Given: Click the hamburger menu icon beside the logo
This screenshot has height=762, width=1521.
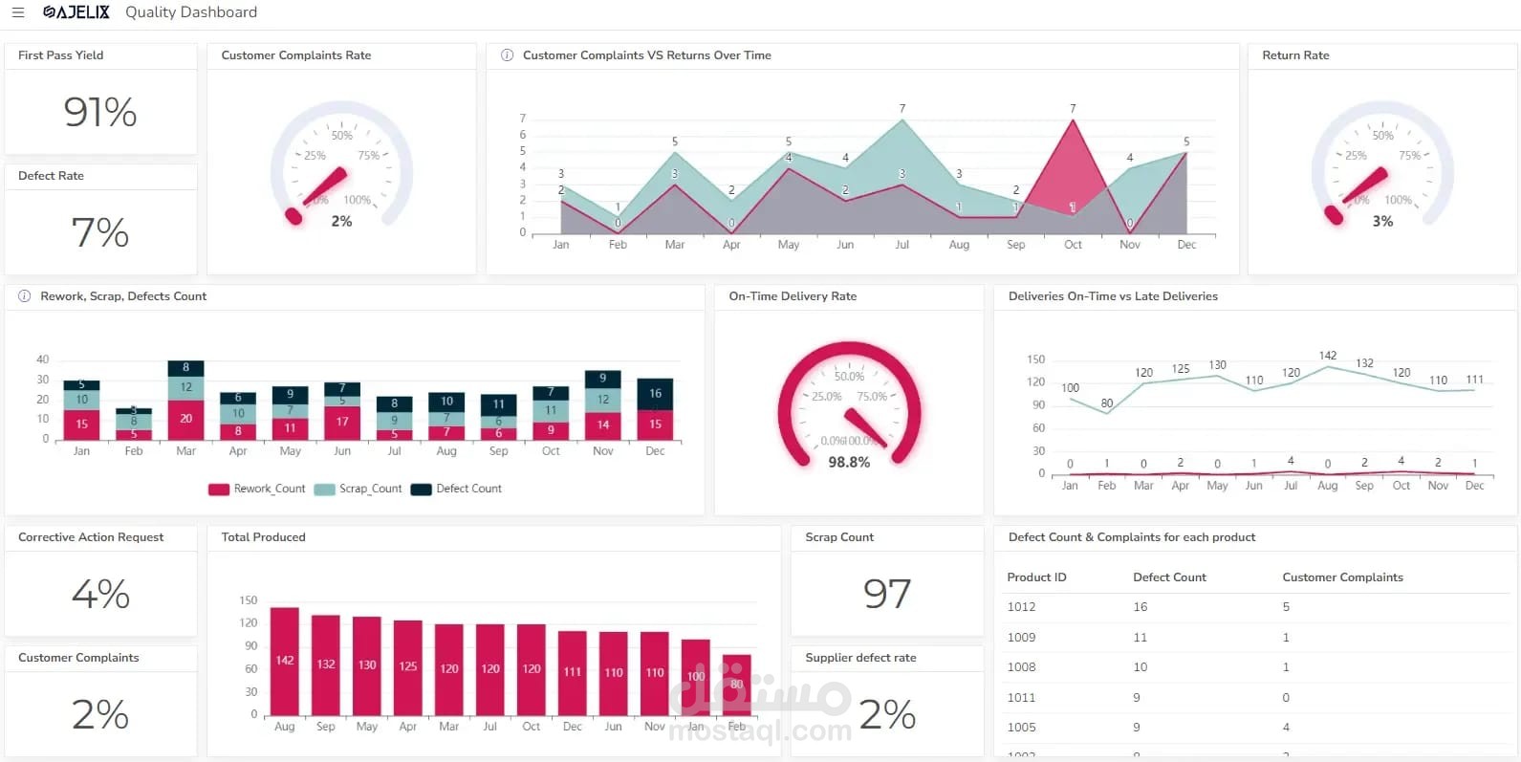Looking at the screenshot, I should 17,12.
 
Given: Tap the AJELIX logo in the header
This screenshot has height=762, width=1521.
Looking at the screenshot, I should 76,12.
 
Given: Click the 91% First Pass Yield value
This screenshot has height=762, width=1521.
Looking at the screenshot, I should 100,112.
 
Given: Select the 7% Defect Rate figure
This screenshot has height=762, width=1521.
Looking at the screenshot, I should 100,232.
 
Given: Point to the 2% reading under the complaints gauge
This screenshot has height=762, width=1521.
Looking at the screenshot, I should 341,221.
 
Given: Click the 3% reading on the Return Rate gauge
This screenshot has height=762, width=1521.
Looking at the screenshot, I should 1382,221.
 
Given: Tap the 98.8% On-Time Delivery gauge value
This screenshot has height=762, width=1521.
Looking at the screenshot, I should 849,462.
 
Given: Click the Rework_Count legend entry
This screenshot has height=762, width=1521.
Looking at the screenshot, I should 257,489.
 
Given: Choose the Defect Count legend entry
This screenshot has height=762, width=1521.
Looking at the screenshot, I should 457,489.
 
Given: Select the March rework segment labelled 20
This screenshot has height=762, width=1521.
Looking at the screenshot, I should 185,419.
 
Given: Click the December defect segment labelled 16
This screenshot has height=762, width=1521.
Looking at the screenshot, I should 655,393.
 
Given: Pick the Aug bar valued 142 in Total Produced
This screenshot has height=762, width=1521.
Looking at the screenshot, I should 285,661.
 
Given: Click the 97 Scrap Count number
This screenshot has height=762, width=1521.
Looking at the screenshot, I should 887,594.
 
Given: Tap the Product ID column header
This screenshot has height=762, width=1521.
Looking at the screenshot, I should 1036,577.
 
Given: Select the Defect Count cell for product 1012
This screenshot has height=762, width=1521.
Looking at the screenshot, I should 1141,607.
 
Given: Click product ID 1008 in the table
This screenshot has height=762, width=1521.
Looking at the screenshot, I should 1021,667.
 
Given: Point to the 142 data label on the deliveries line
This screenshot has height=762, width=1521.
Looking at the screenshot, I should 1328,356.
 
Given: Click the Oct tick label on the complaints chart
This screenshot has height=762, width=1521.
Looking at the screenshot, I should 1073,245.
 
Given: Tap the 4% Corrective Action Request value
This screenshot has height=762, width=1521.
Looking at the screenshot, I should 100,594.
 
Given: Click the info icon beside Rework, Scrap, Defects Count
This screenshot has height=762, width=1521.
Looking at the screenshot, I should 25,296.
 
